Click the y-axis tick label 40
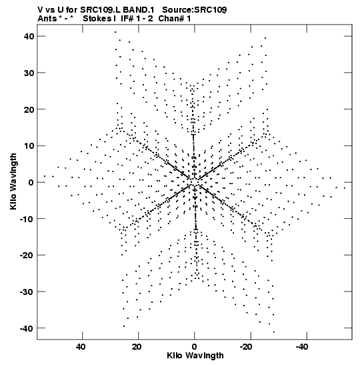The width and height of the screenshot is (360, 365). pos(29,36)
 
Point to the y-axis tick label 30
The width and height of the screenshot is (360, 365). pos(29,73)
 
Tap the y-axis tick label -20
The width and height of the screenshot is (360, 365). pos(27,255)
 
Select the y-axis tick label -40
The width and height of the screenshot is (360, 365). pos(27,328)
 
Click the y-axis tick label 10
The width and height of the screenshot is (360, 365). pos(29,146)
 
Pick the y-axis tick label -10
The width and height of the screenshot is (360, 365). pos(27,219)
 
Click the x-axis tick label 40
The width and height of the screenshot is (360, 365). pos(80,347)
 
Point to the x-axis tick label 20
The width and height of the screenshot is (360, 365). pos(137,347)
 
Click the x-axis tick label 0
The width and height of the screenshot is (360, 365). pos(195,347)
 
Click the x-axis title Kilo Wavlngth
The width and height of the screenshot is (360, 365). pos(195,356)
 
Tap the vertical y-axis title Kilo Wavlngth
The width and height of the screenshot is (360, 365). pos(13,181)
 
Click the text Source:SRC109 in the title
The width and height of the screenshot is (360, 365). pos(195,10)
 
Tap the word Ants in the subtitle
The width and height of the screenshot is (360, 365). pos(47,19)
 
